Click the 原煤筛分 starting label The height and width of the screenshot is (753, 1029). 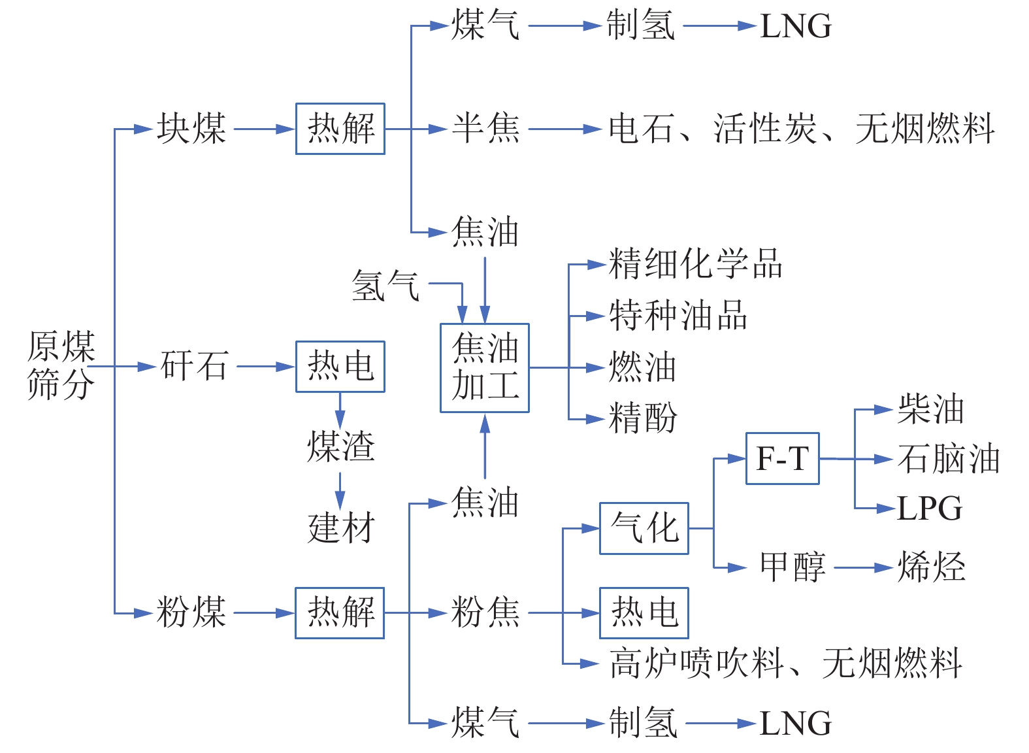(x=61, y=365)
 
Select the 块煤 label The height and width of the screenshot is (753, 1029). (x=191, y=129)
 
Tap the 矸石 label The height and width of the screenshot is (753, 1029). (x=194, y=366)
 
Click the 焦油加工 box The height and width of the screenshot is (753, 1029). (x=484, y=368)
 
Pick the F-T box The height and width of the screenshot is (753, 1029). (x=782, y=459)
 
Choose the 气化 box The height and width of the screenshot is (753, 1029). (x=644, y=528)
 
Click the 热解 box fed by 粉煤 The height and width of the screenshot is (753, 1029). (x=340, y=612)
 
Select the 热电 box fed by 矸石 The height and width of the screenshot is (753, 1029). (x=340, y=367)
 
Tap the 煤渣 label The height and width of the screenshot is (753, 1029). (x=340, y=447)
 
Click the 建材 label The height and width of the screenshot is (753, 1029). (x=340, y=528)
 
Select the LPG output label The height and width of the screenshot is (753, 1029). (x=929, y=509)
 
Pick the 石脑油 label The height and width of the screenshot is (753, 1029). (x=948, y=459)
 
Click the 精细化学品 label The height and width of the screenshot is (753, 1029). (x=695, y=264)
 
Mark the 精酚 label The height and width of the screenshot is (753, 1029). (x=643, y=418)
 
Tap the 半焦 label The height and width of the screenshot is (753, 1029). (x=485, y=129)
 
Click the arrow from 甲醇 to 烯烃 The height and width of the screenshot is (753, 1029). (x=862, y=567)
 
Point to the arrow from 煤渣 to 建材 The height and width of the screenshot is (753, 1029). (x=340, y=488)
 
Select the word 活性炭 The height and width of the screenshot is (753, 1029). (x=765, y=129)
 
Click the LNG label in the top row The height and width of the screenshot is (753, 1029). (x=796, y=27)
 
